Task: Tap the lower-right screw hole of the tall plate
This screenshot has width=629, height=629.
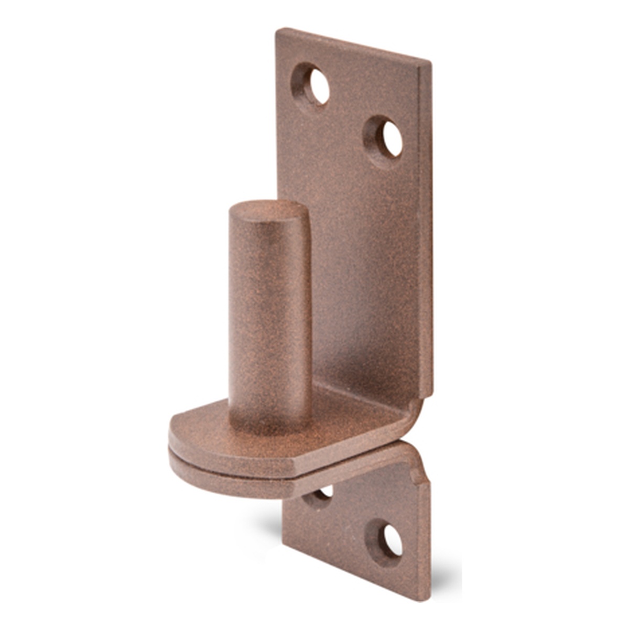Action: tap(391, 139)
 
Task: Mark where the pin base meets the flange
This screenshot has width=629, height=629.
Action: tap(270, 422)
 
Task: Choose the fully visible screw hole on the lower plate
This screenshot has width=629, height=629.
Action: tap(391, 540)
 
